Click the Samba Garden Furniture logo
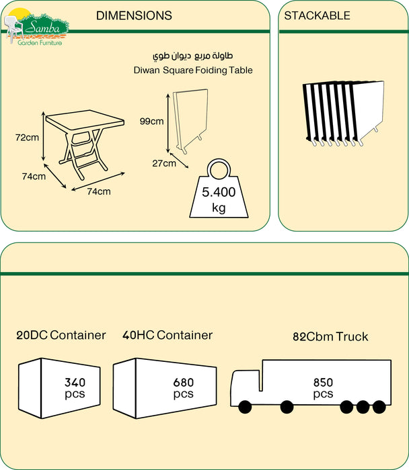point(37,27)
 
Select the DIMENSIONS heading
point(134,15)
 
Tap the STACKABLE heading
point(317,15)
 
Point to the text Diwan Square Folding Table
point(193,70)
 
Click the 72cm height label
point(27,138)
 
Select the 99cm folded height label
point(151,122)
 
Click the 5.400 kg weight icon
point(219,195)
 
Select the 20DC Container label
point(62,335)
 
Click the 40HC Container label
point(168,335)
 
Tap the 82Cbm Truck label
point(330,336)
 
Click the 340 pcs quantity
point(75,388)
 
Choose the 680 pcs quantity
point(183,388)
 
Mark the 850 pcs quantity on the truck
point(323,387)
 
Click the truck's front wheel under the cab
point(244,407)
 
